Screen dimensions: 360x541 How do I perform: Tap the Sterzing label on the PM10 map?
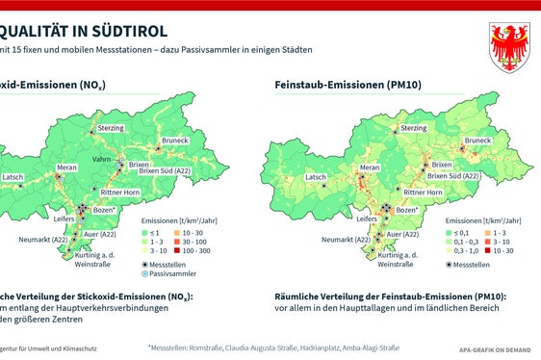click(414, 128)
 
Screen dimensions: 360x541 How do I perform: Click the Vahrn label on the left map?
click(103, 158)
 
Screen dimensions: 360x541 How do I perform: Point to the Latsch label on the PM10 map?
click(315, 178)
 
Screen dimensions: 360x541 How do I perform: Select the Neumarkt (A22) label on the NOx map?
click(46, 240)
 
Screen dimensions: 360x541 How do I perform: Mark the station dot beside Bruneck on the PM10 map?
click(460, 150)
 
